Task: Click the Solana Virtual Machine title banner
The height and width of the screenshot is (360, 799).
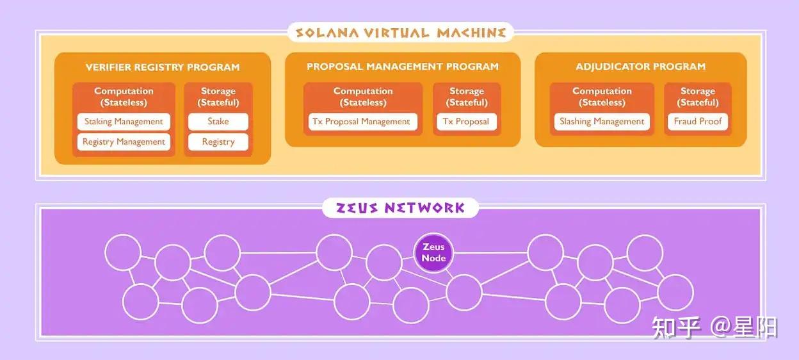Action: (x=400, y=32)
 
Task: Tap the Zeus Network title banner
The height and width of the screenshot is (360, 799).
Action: (x=400, y=208)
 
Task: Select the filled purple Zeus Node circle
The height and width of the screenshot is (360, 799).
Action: (x=433, y=252)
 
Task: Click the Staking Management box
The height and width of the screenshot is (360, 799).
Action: (x=124, y=122)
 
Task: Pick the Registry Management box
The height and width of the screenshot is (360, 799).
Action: (x=124, y=142)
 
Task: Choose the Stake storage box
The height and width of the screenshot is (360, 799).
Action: (x=218, y=122)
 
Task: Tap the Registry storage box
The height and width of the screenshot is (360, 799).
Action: (x=218, y=142)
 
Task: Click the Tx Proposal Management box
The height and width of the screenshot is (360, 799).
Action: (x=362, y=122)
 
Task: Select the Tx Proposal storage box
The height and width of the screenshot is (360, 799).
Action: (x=466, y=122)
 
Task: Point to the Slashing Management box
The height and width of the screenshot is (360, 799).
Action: (x=602, y=122)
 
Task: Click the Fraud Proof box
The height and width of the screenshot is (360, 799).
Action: (x=697, y=122)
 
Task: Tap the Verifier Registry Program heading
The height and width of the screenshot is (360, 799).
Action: (x=163, y=67)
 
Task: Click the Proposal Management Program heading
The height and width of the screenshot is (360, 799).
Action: (x=402, y=67)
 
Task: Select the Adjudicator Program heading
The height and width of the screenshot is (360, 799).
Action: (x=640, y=67)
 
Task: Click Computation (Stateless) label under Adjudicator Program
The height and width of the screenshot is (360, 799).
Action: (x=602, y=97)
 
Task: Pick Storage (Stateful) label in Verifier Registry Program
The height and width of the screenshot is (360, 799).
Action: (x=218, y=97)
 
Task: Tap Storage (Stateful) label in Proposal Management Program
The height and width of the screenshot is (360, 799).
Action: (x=466, y=97)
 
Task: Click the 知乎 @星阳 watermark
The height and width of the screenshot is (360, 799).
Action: (x=714, y=327)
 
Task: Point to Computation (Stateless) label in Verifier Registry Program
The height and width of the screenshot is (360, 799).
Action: (x=124, y=97)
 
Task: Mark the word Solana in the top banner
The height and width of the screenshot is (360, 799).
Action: (x=330, y=32)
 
